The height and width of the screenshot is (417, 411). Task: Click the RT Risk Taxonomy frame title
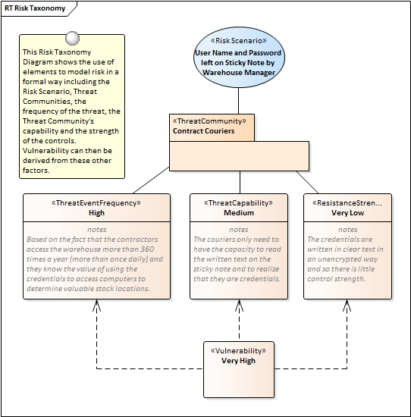35,8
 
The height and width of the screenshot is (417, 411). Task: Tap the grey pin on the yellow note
72,39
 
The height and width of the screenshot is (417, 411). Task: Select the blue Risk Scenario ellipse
239,57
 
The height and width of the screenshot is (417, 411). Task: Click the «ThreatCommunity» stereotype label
209,121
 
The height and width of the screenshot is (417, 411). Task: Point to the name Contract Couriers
204,131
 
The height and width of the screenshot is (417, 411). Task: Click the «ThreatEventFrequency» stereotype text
96,203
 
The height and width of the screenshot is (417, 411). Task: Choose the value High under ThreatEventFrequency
96,213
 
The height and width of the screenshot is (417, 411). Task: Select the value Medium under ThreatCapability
239,213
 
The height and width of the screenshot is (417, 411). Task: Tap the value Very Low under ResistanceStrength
348,213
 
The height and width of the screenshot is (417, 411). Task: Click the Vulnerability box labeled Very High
239,370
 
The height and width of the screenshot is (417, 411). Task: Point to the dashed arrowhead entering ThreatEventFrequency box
96,305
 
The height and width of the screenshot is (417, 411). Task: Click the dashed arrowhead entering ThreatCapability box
239,305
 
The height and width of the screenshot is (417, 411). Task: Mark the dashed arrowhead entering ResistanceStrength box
347,305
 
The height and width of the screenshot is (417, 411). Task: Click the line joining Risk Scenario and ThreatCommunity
238,101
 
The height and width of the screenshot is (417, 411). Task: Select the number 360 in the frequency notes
147,249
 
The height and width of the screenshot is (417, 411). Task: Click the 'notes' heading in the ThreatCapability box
239,230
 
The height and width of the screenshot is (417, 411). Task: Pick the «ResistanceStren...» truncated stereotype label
347,203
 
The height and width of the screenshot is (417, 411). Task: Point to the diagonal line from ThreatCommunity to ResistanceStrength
307,182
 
